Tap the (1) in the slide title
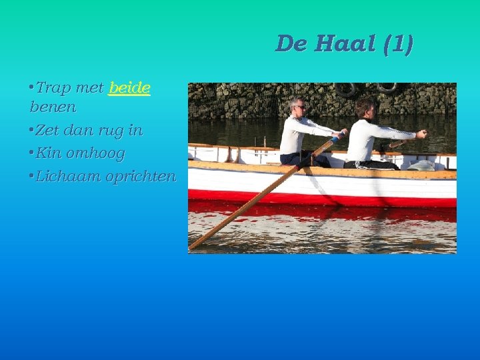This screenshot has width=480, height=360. (x=398, y=44)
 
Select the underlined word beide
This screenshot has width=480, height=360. (x=129, y=87)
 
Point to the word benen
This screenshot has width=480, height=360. (x=53, y=107)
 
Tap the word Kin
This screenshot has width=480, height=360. (x=50, y=153)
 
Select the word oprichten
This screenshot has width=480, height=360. (x=140, y=177)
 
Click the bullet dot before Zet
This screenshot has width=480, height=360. (x=31, y=130)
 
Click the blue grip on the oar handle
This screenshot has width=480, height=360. (x=336, y=139)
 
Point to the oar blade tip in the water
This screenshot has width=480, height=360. (x=195, y=245)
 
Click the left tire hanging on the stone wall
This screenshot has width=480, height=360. (x=345, y=89)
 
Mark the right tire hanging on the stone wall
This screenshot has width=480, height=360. (x=387, y=87)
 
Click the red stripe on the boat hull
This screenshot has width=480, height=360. (x=320, y=198)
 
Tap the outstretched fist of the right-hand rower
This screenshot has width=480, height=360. (x=421, y=134)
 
